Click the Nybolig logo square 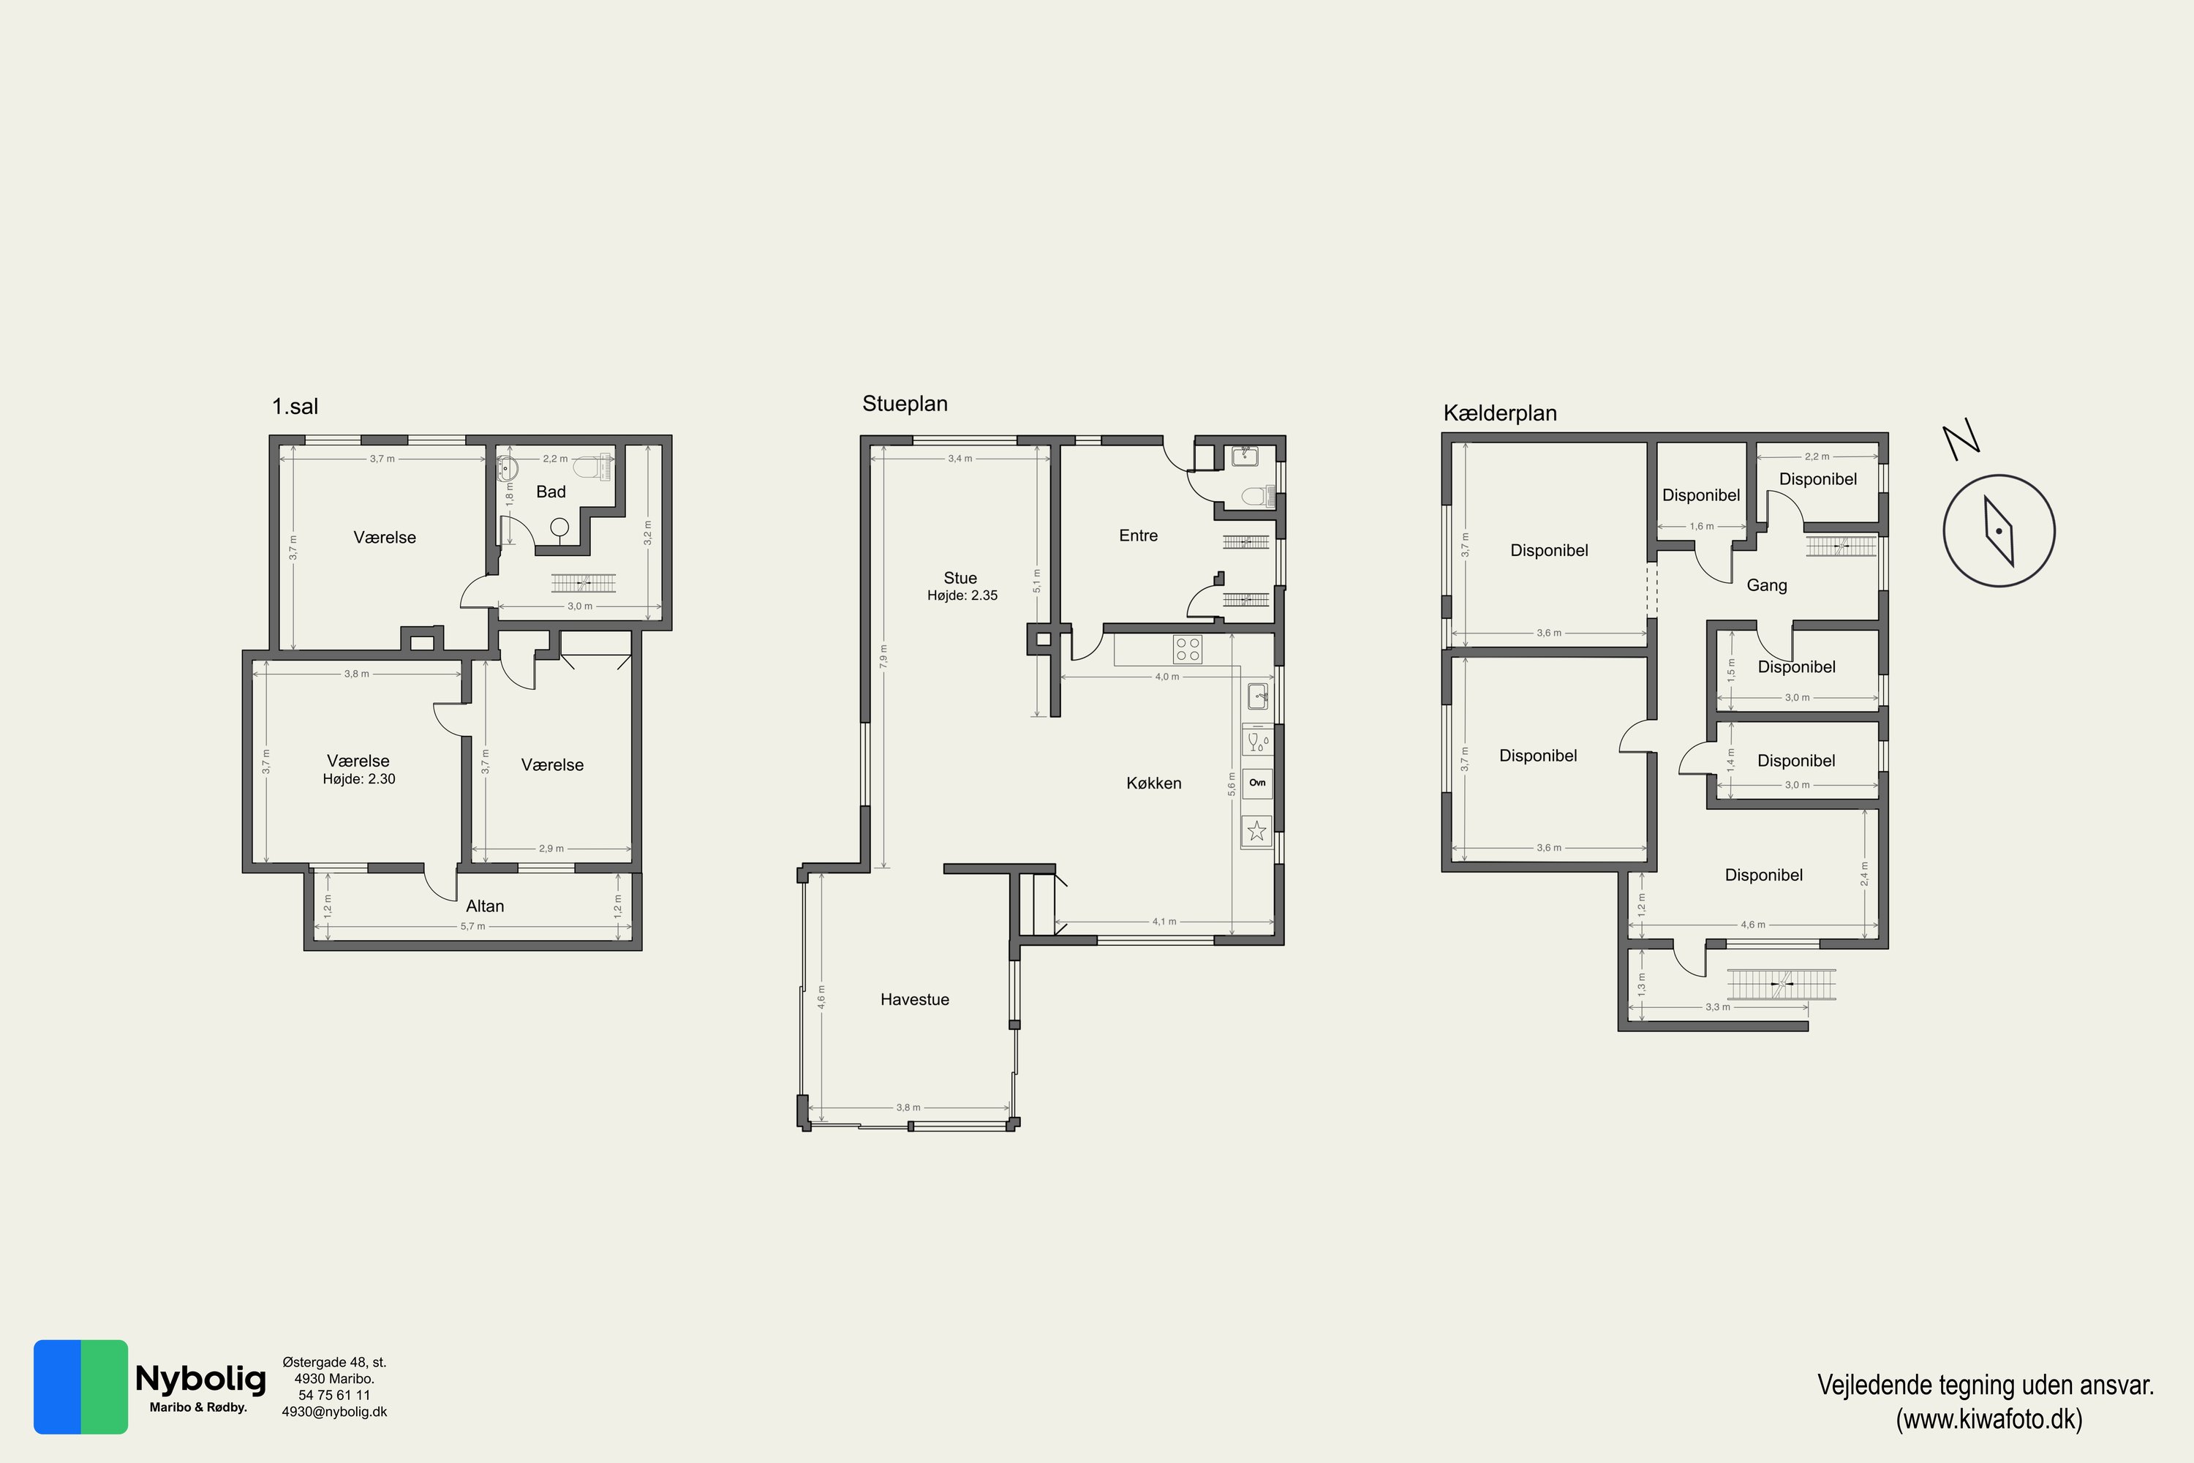point(80,1386)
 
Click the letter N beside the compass point(1961,440)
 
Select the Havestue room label point(914,999)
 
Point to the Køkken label point(1154,783)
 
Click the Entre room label point(1138,535)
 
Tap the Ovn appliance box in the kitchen point(1257,783)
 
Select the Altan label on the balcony point(485,906)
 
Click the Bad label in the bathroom point(551,492)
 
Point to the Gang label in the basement point(1767,586)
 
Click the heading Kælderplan point(1500,413)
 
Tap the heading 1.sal point(295,407)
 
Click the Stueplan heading point(905,404)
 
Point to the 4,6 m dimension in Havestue point(821,996)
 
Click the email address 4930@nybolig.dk point(334,1412)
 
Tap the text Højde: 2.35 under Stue point(962,595)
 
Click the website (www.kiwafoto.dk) point(1988,1419)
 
